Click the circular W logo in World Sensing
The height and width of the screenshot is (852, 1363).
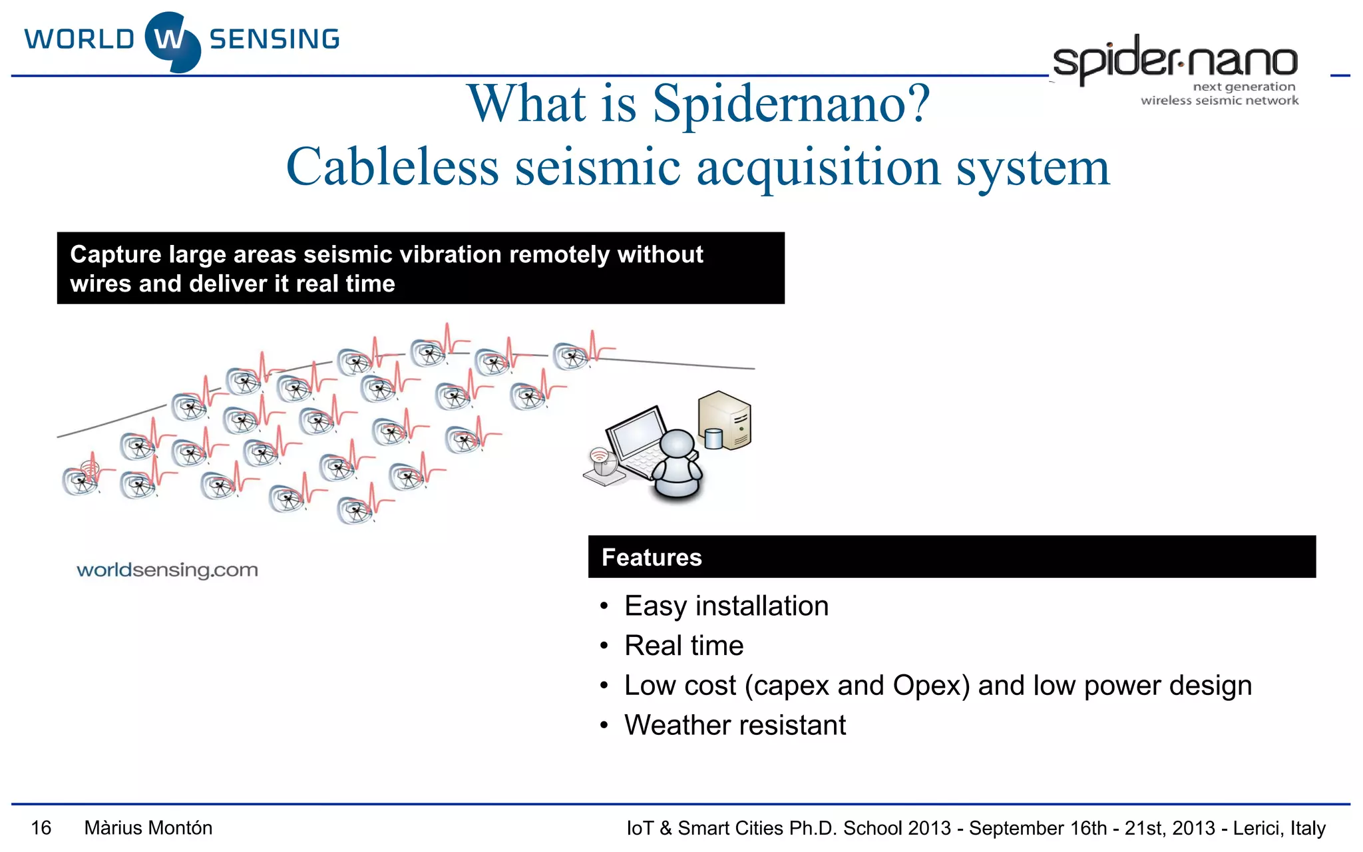(x=172, y=41)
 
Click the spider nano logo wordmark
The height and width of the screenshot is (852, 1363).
(x=1175, y=60)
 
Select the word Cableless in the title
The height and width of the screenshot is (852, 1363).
(x=392, y=167)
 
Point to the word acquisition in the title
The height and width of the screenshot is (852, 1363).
(x=819, y=167)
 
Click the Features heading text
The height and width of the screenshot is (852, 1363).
(x=652, y=557)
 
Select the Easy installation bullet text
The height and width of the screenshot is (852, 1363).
(x=726, y=606)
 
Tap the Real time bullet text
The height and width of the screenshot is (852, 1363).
(x=683, y=646)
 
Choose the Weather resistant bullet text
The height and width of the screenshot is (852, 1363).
(x=735, y=725)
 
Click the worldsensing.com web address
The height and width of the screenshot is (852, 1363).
(x=167, y=570)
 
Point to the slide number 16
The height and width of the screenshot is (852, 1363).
(x=41, y=828)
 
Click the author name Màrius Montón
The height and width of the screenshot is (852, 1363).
(x=148, y=828)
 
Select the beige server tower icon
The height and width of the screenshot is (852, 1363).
(x=725, y=419)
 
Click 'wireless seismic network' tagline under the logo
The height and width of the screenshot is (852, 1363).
(x=1219, y=101)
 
